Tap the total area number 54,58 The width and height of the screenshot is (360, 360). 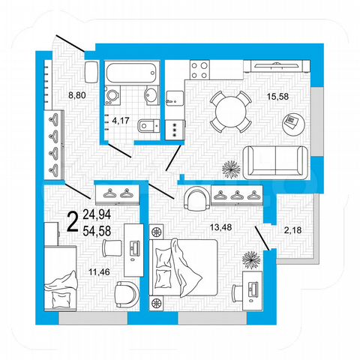[x=99, y=227]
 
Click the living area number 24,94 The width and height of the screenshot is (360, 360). [x=99, y=213]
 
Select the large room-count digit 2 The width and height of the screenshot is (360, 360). [x=73, y=220]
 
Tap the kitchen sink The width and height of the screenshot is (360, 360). [x=175, y=98]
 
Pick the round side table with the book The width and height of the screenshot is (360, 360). [x=292, y=121]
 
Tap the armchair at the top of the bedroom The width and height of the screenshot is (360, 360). [x=196, y=199]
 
